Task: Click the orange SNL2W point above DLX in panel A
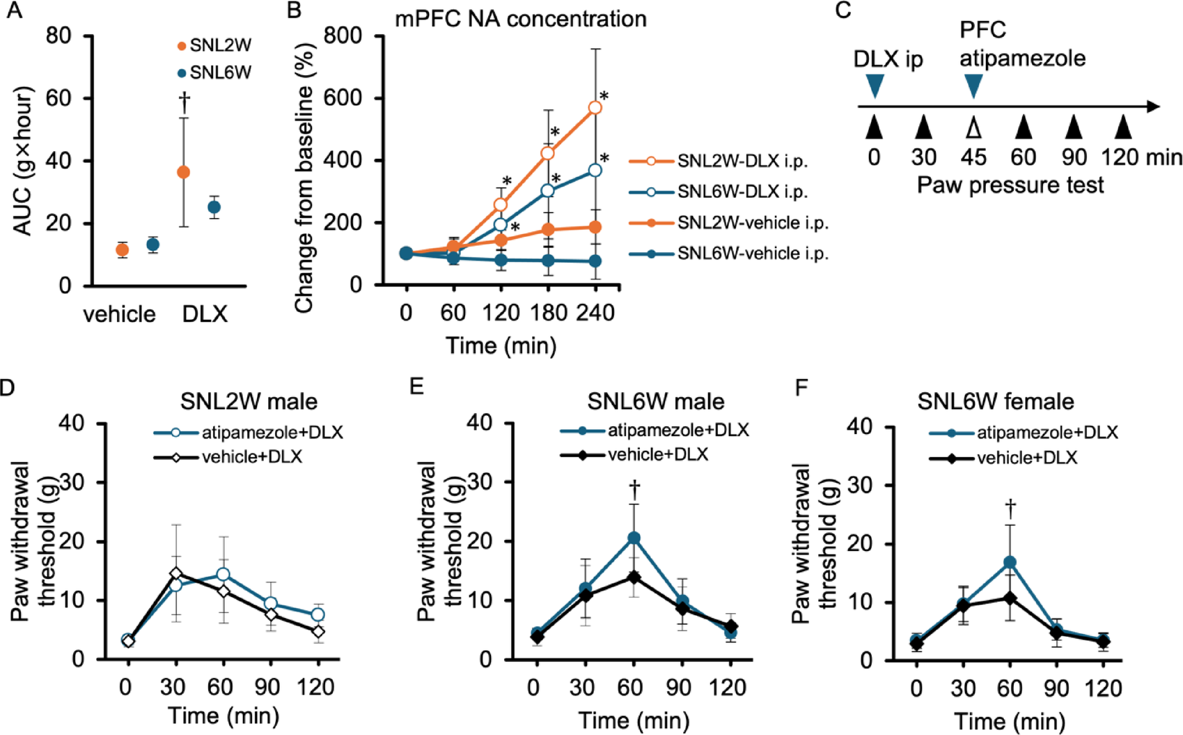pos(183,172)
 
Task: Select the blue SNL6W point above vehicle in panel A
pos(152,245)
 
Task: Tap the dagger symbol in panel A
pos(185,102)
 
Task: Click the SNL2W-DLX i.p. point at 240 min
pos(595,107)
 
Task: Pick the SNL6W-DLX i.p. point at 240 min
pos(595,170)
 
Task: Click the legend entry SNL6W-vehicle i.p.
pos(753,254)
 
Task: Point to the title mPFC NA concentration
pos(520,18)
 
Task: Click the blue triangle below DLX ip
pos(875,86)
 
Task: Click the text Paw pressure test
pos(1010,185)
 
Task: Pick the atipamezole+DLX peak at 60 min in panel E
pos(634,538)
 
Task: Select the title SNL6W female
pos(995,401)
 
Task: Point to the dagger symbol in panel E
pos(634,489)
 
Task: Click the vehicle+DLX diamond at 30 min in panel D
pos(176,574)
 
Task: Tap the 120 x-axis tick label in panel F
pos(1103,689)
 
